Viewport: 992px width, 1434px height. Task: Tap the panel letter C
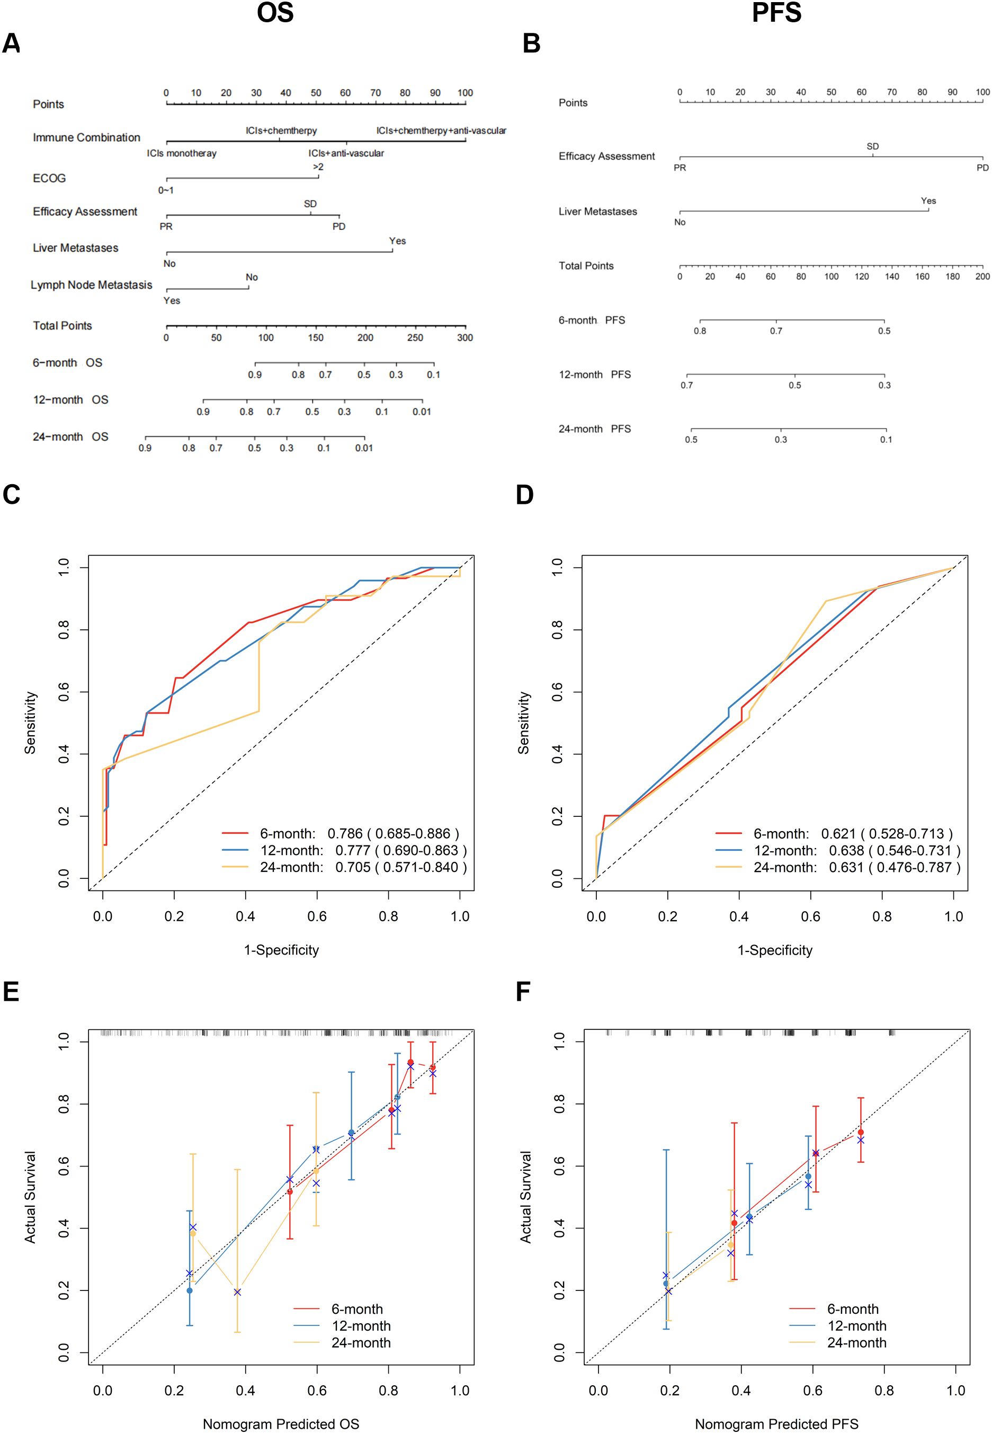point(11,494)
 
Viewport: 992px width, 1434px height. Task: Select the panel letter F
point(523,992)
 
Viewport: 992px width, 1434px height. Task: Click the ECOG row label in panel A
point(49,179)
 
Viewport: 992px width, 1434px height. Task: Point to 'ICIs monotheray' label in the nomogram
point(182,153)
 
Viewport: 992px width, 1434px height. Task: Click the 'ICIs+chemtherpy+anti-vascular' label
point(441,130)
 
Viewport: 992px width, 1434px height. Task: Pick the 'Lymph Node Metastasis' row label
point(92,284)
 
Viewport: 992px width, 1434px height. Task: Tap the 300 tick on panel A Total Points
point(465,337)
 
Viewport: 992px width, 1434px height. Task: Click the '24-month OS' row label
point(70,437)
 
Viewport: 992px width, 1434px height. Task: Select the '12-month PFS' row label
point(594,375)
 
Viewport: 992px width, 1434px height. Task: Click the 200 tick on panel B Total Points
point(982,277)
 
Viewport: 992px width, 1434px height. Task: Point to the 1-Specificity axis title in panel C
point(281,950)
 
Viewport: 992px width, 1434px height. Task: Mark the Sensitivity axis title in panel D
point(524,723)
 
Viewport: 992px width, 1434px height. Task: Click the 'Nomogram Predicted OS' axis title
point(281,1423)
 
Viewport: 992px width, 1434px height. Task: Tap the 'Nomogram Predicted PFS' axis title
point(776,1423)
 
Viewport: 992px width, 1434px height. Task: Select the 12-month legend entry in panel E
point(361,1326)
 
